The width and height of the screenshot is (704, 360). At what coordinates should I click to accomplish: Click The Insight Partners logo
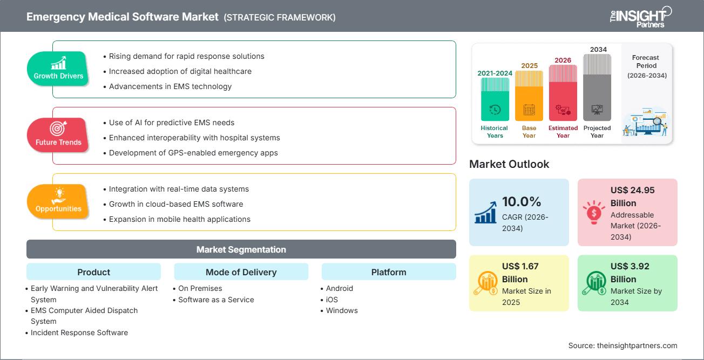640,16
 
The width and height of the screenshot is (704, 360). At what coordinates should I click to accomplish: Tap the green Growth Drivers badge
58,69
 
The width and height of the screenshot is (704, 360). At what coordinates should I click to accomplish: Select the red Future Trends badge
58,135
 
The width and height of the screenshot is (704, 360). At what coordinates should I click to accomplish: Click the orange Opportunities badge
58,201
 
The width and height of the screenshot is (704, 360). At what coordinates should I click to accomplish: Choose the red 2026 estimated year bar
563,92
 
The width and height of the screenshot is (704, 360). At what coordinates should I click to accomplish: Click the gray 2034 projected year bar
597,86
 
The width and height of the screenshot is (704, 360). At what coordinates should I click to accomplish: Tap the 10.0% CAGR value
521,202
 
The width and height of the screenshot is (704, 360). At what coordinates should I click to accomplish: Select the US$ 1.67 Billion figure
520,273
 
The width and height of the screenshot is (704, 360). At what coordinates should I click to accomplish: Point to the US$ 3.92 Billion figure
629,273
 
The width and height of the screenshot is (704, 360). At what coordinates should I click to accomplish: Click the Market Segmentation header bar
241,249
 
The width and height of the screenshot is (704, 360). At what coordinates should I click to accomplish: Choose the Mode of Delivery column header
241,272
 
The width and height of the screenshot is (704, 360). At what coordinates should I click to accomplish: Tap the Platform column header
389,272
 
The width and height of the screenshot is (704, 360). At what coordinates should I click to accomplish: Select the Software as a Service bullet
216,300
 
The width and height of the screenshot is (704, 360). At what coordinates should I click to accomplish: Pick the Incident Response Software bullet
79,332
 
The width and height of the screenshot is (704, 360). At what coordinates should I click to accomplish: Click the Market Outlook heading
509,164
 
